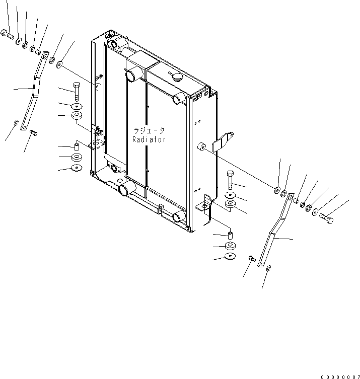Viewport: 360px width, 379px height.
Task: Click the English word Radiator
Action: tap(149, 139)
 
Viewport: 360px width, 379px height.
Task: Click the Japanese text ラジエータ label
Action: tap(149, 131)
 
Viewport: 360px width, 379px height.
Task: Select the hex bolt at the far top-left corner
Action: tap(8, 34)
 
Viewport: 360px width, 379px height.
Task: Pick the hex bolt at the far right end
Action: tap(326, 218)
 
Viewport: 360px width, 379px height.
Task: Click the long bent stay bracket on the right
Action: tap(276, 230)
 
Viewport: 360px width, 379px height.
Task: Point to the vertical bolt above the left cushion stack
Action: tap(76, 92)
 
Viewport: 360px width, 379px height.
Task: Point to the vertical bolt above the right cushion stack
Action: tap(230, 180)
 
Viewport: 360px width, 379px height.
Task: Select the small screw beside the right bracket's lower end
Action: tap(252, 258)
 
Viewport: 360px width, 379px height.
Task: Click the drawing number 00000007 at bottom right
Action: tap(340, 377)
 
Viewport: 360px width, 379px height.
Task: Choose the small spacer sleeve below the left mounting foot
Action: tap(77, 146)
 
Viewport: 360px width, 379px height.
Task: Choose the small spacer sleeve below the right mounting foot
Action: tap(230, 235)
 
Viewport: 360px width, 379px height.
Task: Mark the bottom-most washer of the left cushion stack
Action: tap(77, 167)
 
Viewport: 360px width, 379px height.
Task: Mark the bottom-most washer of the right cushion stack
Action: tap(230, 256)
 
